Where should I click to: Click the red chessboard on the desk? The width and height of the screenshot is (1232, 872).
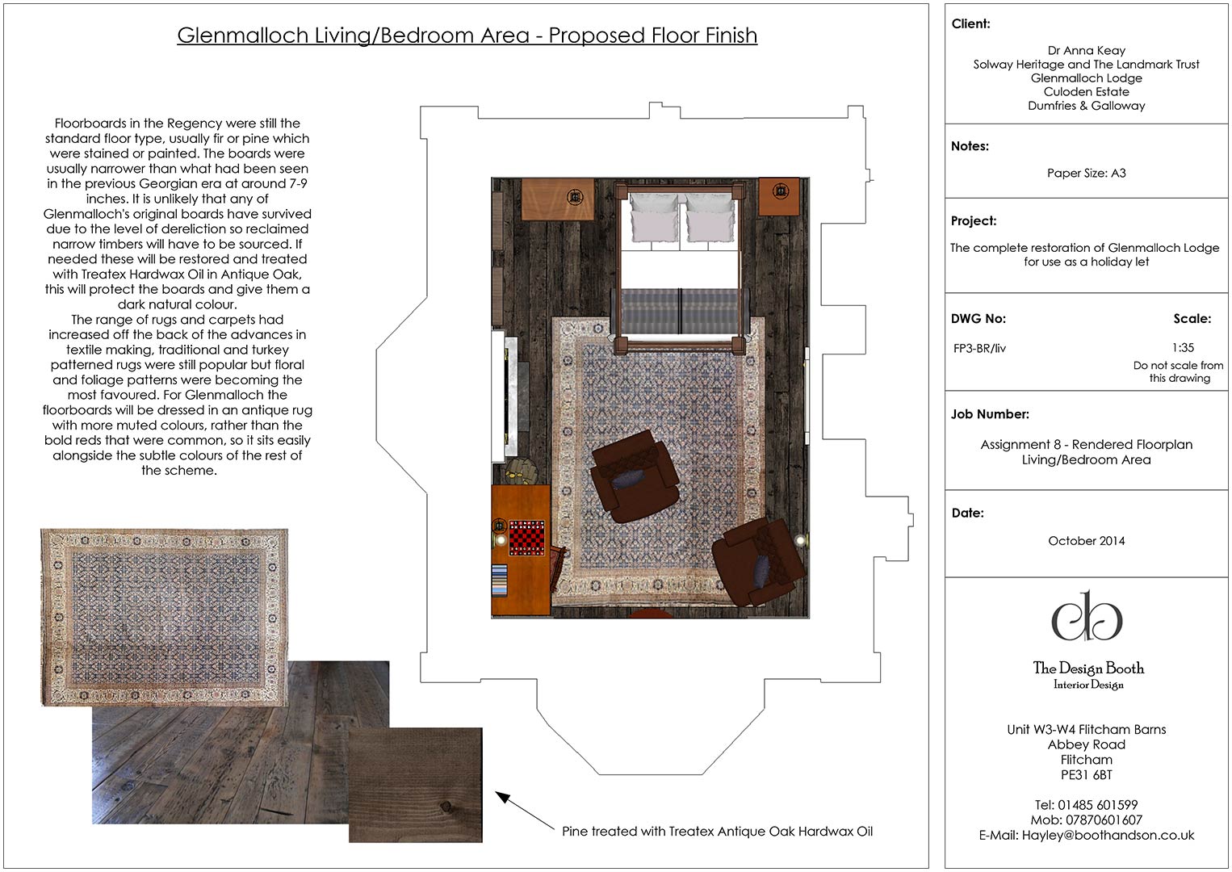526,538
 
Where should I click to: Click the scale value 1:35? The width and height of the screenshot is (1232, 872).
1183,348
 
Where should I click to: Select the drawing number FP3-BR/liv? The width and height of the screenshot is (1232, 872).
979,348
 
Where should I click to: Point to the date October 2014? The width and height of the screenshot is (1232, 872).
1086,541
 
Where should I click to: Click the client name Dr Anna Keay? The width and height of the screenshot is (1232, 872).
1086,51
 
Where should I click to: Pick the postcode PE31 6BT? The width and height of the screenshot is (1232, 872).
1086,775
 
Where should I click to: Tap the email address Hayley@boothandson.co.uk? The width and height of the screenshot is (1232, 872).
1086,835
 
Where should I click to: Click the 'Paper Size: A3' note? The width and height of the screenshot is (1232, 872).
1086,174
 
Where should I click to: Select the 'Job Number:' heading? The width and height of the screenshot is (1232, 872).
990,414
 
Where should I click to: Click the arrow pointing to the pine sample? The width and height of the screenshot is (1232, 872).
525,810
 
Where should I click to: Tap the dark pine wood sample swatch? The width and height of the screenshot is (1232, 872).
415,785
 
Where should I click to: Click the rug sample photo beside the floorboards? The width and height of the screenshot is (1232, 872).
165,618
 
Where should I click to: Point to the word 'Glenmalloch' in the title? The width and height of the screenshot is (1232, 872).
242,36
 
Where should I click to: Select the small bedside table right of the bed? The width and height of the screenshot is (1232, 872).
779,196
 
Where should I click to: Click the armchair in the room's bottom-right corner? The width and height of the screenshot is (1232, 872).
760,562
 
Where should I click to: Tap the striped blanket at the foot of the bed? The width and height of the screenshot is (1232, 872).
681,310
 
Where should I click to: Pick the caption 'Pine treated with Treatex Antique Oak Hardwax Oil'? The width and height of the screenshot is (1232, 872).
717,832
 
